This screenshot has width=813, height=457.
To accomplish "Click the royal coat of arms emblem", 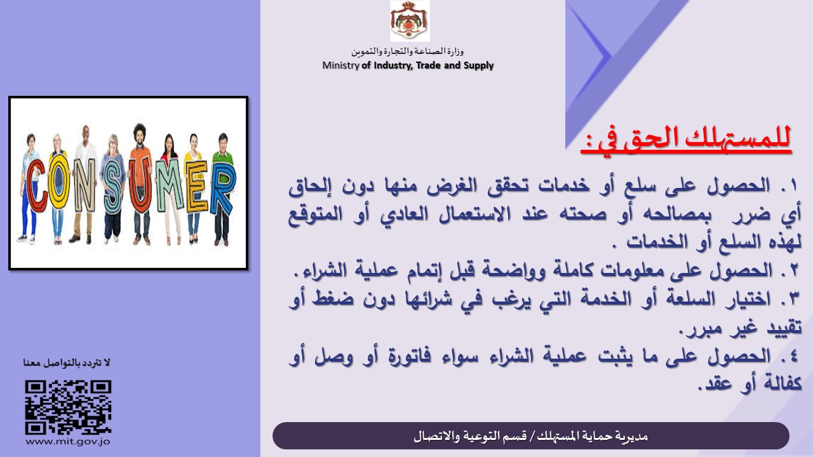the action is tap(410, 21).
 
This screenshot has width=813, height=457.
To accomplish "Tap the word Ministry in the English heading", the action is tap(340, 65).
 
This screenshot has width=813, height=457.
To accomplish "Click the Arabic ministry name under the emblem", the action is tap(408, 51).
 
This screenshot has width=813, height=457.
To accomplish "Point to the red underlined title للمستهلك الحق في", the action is tap(685, 139).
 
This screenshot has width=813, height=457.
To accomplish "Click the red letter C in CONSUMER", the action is tap(37, 185).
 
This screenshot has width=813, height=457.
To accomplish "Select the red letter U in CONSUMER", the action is tap(140, 185).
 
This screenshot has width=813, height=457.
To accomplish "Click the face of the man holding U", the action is tap(139, 134).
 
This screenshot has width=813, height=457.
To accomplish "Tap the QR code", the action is tap(68, 407).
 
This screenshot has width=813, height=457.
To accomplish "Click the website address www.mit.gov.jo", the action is tap(68, 442).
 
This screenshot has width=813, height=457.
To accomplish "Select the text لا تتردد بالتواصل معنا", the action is tap(67, 362).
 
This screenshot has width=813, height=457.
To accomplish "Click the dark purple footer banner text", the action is tap(530, 436).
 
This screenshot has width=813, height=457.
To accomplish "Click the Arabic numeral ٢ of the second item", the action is tap(793, 270).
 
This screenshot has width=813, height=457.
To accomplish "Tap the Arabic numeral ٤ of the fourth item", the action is tap(793, 355).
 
